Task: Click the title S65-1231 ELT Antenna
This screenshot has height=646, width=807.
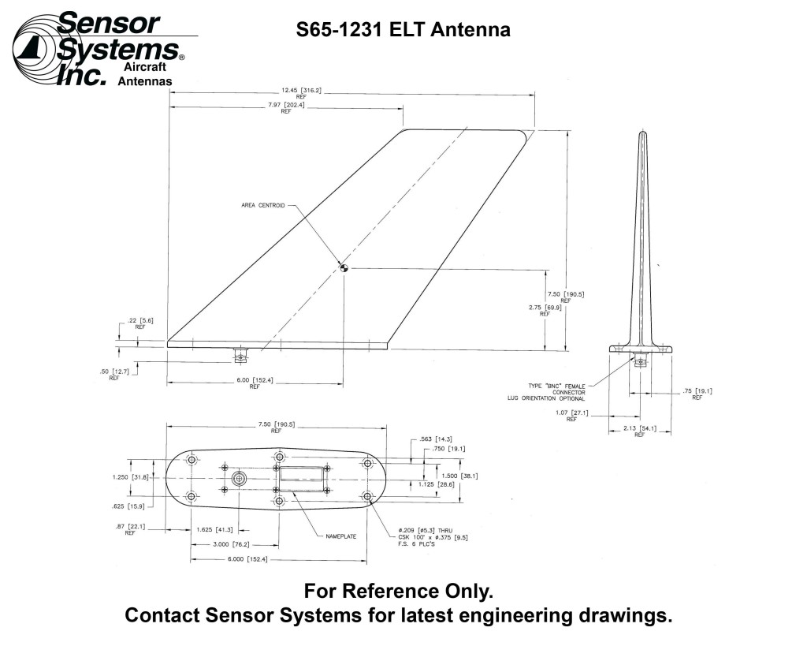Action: pyautogui.click(x=403, y=30)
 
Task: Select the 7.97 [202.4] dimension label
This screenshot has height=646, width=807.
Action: pyautogui.click(x=285, y=108)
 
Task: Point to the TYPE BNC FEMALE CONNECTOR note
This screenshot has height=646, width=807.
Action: pyautogui.click(x=556, y=389)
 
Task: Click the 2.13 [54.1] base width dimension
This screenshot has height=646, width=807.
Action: pyautogui.click(x=638, y=431)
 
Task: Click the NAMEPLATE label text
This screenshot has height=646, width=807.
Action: pyautogui.click(x=340, y=536)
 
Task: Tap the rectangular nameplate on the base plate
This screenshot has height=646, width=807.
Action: pyautogui.click(x=302, y=478)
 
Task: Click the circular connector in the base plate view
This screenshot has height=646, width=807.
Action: pyautogui.click(x=240, y=479)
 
